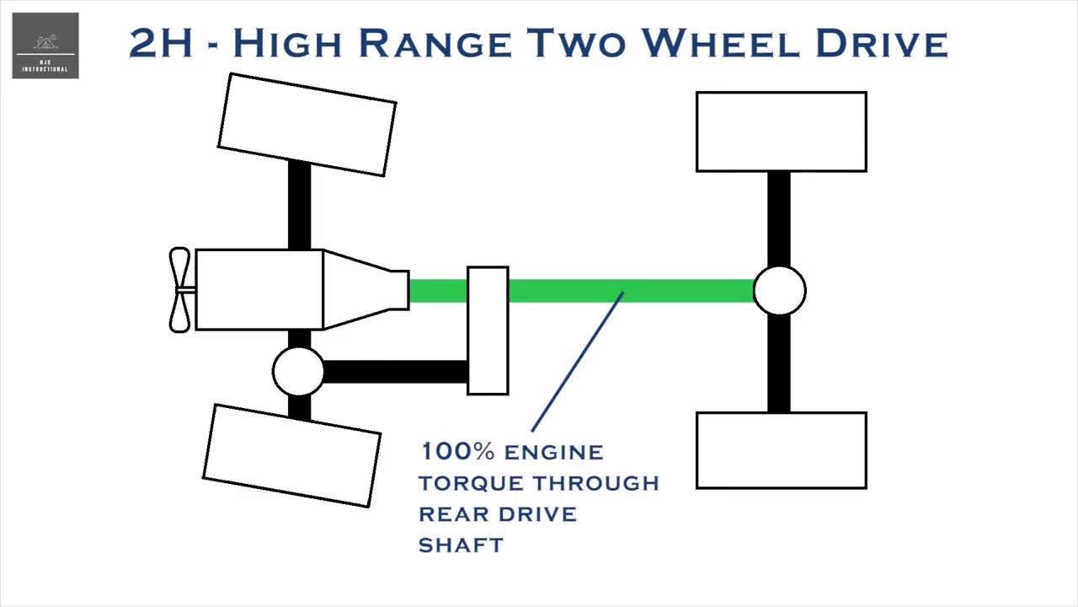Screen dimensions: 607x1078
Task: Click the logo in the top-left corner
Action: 45,46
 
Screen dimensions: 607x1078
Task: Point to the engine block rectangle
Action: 259,289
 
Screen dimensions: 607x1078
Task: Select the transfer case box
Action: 488,330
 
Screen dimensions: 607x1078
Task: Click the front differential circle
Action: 298,371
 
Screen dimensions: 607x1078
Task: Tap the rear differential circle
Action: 779,291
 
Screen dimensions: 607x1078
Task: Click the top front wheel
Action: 307,125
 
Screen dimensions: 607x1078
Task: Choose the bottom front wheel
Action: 291,455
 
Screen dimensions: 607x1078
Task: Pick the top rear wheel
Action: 781,132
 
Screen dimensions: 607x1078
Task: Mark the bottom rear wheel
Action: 781,450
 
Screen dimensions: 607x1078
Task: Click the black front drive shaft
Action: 396,372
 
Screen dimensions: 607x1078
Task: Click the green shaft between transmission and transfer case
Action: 438,291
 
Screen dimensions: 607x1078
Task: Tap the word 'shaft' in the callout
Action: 461,545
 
